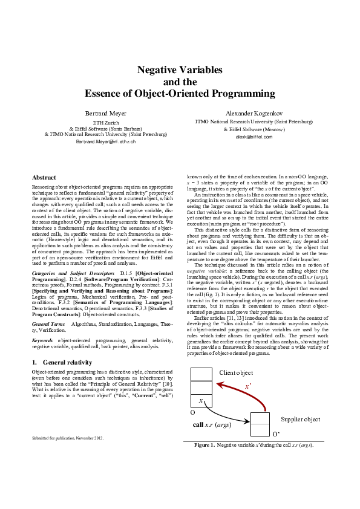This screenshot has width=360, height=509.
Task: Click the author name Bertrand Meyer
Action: coord(105,113)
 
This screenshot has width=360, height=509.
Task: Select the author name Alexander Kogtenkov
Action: coord(254,113)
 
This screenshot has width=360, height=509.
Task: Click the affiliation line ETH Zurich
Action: coord(105,122)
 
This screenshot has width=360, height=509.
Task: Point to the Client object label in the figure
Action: coord(235,372)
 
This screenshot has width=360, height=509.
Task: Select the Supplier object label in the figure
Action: coord(301,419)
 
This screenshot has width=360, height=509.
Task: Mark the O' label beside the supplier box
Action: coord(276,434)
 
